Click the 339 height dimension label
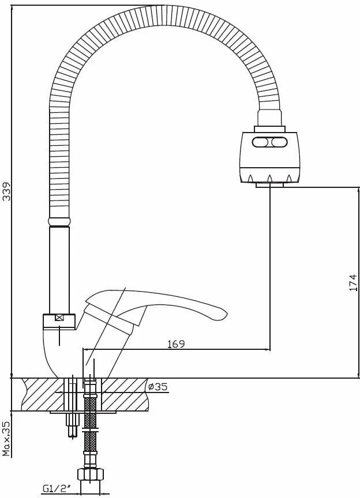pyautogui.click(x=6, y=191)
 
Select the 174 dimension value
pyautogui.click(x=353, y=282)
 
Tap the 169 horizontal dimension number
pyautogui.click(x=176, y=344)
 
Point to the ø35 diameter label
pyautogui.click(x=157, y=387)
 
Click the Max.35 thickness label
pyautogui.click(x=6, y=439)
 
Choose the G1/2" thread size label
pyautogui.click(x=56, y=488)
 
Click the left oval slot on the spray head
pyautogui.click(x=261, y=142)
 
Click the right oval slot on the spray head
pyautogui.click(x=279, y=142)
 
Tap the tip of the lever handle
pyautogui.click(x=226, y=314)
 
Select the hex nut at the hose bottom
pyautogui.click(x=91, y=474)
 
